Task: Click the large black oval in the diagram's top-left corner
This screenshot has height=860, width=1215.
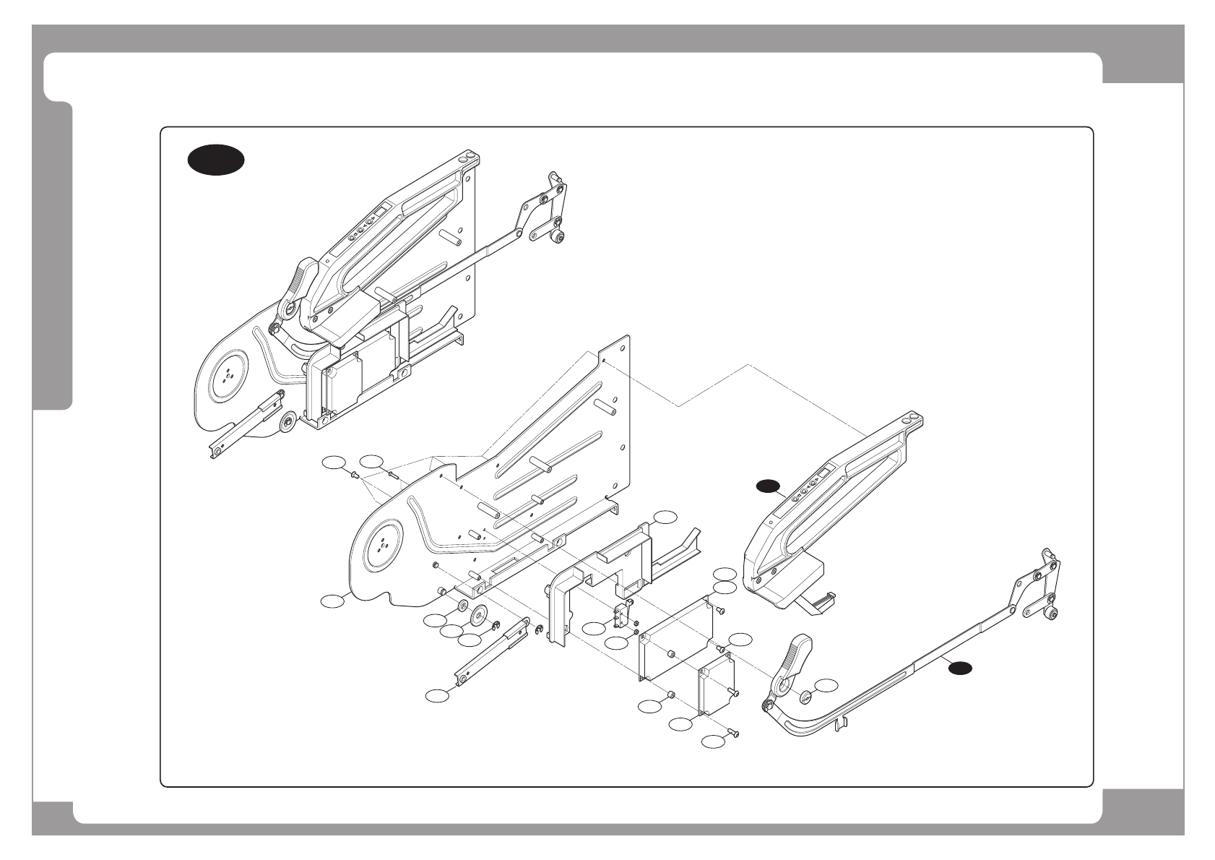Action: [215, 160]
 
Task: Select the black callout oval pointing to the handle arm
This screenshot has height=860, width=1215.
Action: [768, 486]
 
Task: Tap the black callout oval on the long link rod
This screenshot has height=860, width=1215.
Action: [959, 668]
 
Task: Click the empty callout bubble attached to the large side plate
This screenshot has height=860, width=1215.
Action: [332, 601]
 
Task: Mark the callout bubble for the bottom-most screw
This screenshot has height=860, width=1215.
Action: [714, 741]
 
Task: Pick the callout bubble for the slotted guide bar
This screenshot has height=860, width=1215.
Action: [436, 695]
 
